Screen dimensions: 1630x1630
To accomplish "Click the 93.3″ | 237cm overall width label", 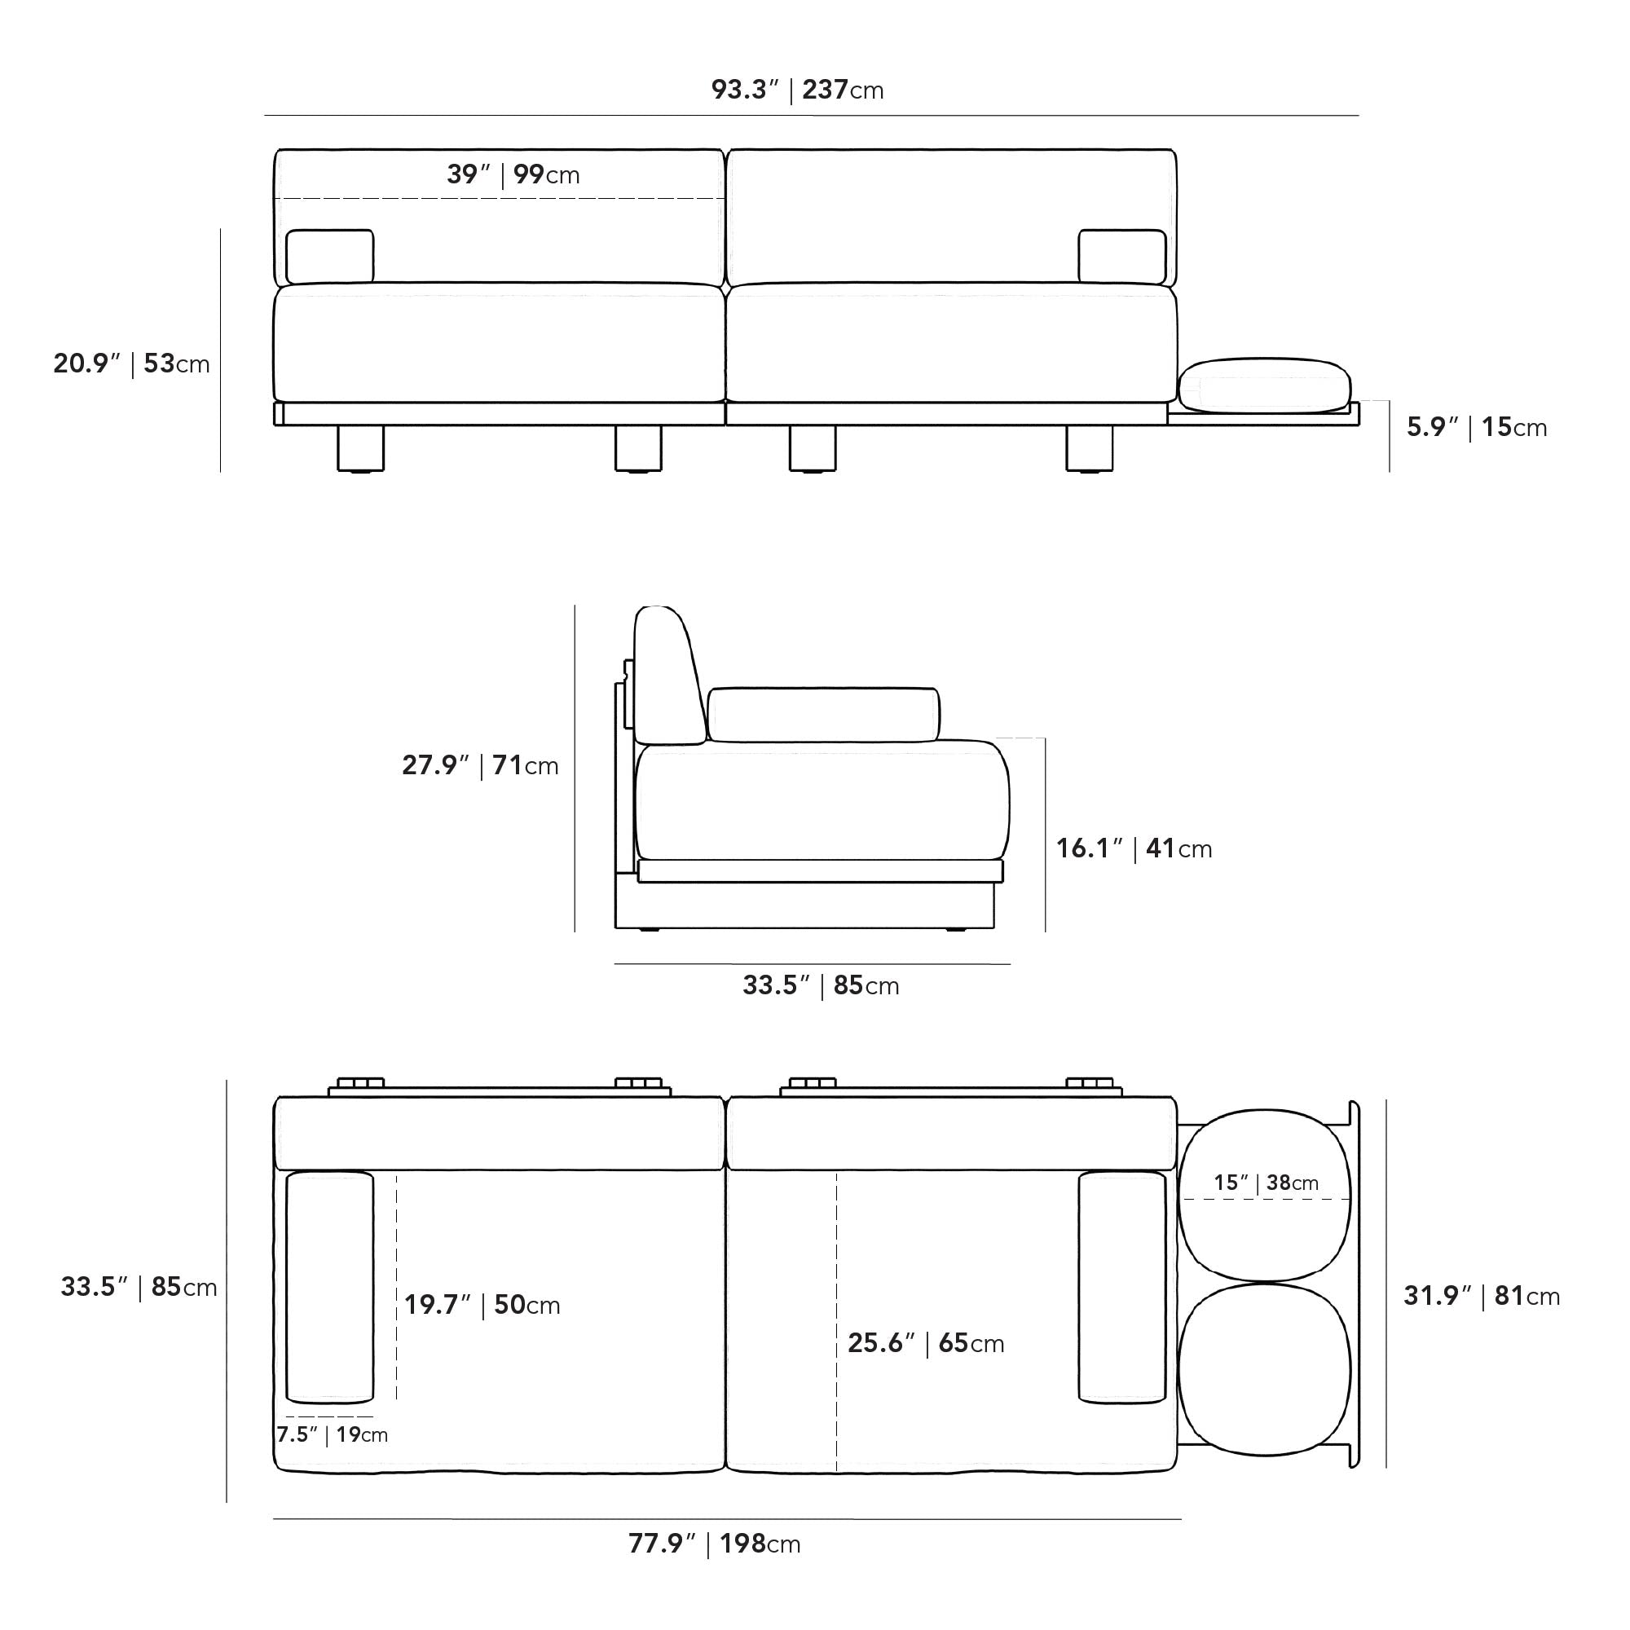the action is [797, 90].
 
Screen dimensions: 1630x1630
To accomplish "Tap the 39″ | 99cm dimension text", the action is [513, 174].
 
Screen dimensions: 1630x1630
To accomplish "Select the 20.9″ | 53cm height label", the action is [131, 363].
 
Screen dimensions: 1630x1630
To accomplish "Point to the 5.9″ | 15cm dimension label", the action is [1477, 427].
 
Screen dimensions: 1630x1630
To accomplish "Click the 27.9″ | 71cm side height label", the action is [480, 765].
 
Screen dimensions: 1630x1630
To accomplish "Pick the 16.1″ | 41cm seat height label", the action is [1134, 848].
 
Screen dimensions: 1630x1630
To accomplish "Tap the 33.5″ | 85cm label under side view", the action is [821, 985].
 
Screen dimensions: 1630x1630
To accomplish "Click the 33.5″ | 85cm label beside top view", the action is [139, 1287].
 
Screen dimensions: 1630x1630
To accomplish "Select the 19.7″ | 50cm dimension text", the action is [482, 1304].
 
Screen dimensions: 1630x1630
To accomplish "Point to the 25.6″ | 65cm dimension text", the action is [926, 1342].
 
